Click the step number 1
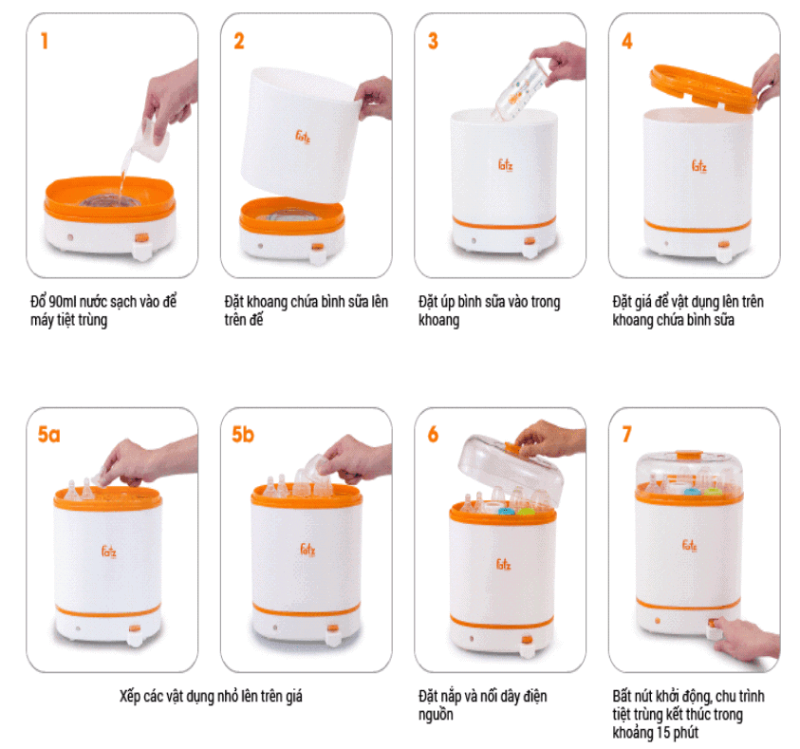(45, 41)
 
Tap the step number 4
(627, 41)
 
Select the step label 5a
(49, 435)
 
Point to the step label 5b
(243, 435)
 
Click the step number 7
(627, 435)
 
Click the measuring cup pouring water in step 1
(152, 140)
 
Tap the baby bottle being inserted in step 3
(519, 89)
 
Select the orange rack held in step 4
(703, 87)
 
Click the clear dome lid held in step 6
(511, 469)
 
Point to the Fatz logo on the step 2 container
(303, 137)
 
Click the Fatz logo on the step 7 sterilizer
(689, 545)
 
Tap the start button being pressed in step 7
(713, 626)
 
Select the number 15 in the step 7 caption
(663, 733)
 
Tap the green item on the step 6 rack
(525, 510)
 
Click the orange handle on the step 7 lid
(689, 454)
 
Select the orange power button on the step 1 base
(141, 237)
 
